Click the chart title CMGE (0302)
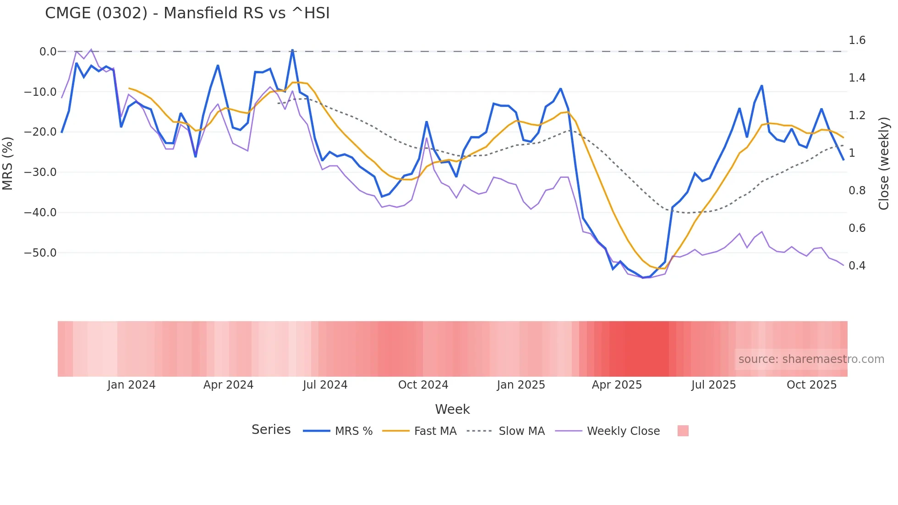coord(187,13)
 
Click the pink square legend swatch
coord(683,431)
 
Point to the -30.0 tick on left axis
coord(40,172)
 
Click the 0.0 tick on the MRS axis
coord(48,52)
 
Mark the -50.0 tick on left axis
coord(40,253)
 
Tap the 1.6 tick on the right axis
coord(857,40)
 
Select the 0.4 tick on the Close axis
coord(857,266)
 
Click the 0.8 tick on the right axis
coord(857,191)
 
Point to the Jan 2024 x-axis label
coord(131,385)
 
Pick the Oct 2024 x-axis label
coord(423,385)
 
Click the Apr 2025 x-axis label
coord(617,385)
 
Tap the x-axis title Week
coord(452,409)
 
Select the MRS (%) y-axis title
coord(8,163)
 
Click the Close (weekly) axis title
coord(884,163)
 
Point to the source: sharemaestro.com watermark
coord(811,359)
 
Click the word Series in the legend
coord(271,430)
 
